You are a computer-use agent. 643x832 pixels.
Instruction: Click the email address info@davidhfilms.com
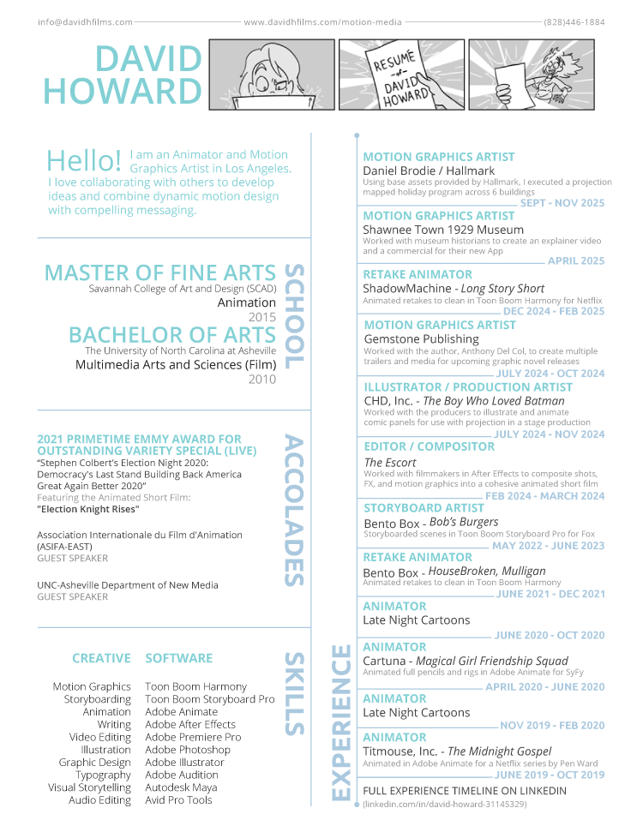(x=85, y=22)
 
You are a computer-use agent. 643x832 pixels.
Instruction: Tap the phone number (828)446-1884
(x=574, y=22)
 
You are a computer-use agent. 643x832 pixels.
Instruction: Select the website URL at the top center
(x=321, y=22)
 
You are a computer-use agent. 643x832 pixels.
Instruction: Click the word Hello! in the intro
(x=84, y=160)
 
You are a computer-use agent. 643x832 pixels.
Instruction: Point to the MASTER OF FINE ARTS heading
(x=160, y=272)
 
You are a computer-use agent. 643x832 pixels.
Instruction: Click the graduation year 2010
(x=262, y=380)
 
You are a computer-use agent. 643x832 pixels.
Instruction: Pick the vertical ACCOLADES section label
(x=293, y=510)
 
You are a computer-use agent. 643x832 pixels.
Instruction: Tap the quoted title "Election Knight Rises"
(x=88, y=509)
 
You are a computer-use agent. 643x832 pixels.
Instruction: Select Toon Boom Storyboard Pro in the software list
(x=210, y=699)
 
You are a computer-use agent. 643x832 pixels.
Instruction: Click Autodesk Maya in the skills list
(x=181, y=787)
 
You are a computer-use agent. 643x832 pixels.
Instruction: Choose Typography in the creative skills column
(x=103, y=775)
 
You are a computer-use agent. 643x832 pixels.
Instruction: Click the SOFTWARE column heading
(x=178, y=658)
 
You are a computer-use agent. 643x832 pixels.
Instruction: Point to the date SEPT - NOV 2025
(x=562, y=204)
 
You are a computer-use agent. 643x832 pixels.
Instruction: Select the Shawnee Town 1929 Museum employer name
(x=443, y=230)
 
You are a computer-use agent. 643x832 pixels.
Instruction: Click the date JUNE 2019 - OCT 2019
(x=550, y=775)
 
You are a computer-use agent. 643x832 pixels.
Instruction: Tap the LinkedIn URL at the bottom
(x=445, y=805)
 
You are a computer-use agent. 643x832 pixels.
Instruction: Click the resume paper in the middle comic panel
(x=398, y=79)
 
